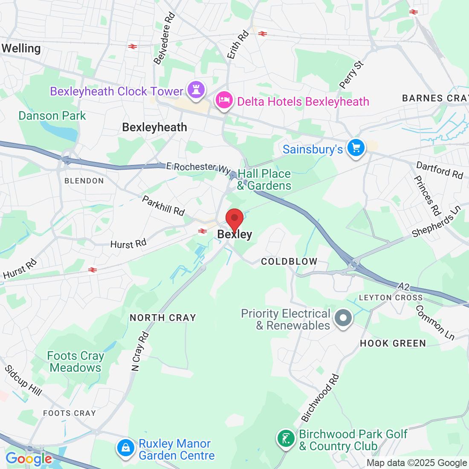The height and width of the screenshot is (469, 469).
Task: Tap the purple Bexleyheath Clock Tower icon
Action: pos(196,90)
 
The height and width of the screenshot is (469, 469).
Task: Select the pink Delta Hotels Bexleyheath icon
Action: pos(224,101)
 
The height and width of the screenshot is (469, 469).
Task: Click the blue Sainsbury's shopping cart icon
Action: pos(356,148)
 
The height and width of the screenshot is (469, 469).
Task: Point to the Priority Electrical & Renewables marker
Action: pos(343,318)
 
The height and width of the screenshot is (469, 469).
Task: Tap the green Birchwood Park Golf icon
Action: pos(286,439)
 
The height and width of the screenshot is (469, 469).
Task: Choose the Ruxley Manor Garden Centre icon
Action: pos(126,448)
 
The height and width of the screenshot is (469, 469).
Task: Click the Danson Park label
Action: pos(52,116)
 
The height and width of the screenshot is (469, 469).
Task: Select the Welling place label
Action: pos(21,49)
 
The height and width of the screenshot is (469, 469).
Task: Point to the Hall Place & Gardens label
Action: pos(264,179)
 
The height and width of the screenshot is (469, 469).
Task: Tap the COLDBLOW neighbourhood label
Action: pos(289,261)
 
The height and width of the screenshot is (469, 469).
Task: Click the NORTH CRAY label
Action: pos(163,318)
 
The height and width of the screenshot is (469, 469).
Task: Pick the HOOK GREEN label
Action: pos(393,343)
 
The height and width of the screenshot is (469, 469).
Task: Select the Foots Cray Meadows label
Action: pos(75,362)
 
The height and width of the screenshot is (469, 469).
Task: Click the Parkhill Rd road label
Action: pos(163,206)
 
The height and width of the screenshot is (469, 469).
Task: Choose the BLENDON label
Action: pos(84,181)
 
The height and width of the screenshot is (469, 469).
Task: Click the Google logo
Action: pos(29,459)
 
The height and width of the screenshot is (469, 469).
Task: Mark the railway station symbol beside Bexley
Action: pos(203,231)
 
